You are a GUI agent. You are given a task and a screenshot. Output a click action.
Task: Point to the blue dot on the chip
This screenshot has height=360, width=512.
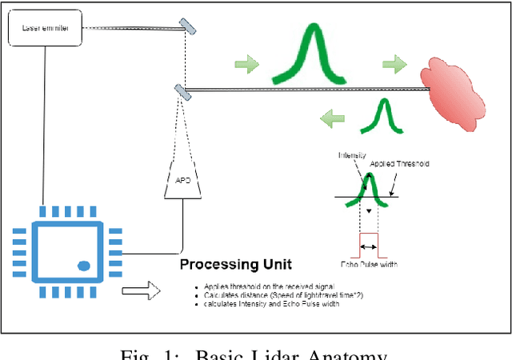[82, 265]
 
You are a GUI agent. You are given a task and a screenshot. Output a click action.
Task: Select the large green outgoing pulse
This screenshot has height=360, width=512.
[310, 55]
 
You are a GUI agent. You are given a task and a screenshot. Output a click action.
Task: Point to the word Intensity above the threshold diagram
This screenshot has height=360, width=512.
[352, 155]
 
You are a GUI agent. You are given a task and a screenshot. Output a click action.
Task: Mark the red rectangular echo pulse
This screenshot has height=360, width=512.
[370, 242]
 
